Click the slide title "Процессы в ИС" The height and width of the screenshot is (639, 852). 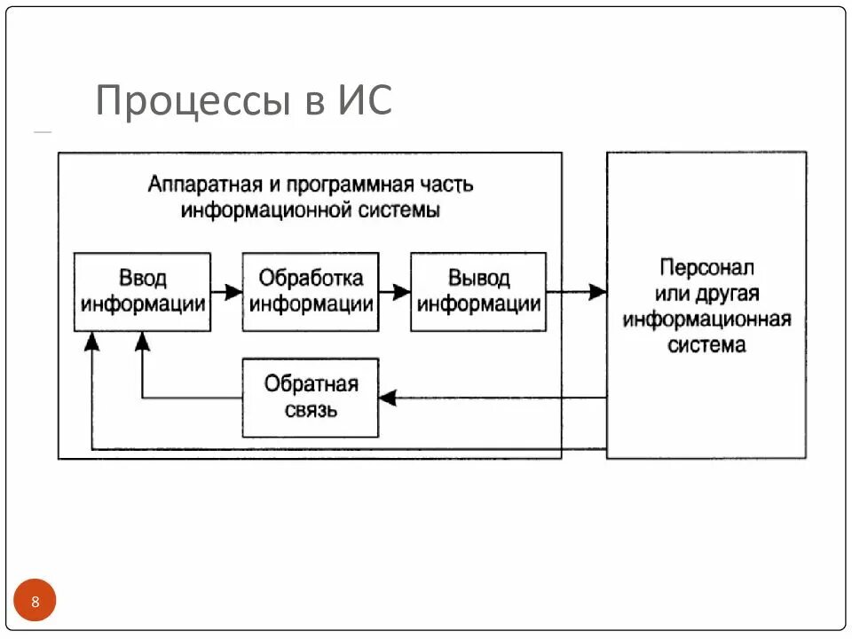click(243, 101)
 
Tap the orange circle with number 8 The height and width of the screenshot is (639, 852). click(35, 603)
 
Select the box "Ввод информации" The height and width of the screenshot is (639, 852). click(142, 292)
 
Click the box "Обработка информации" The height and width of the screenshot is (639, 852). click(311, 292)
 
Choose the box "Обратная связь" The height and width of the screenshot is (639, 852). click(311, 398)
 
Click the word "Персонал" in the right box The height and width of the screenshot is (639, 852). click(706, 267)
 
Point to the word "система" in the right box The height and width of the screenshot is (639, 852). click(706, 345)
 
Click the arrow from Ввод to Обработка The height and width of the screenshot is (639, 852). click(227, 291)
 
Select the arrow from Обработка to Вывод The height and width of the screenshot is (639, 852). click(394, 291)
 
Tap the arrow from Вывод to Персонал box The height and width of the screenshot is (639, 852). click(577, 291)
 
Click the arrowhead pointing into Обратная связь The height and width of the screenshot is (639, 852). click(387, 398)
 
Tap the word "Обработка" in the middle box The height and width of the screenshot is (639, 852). click(311, 278)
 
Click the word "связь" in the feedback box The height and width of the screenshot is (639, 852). click(311, 411)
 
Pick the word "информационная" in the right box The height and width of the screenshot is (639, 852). click(706, 319)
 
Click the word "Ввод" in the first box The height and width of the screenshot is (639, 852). click(142, 278)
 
